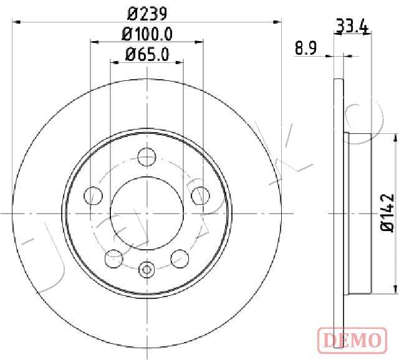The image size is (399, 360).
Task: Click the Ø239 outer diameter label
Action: point(147,14)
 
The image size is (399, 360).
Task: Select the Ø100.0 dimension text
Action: point(147,34)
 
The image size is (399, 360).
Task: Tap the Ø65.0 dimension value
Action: point(147,54)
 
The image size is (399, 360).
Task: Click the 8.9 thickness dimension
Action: point(305,49)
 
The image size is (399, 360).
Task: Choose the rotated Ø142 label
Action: point(388,212)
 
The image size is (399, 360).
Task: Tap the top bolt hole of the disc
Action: point(147,157)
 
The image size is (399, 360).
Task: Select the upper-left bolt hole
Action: point(93,196)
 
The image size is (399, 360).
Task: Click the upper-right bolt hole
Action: point(201,196)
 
